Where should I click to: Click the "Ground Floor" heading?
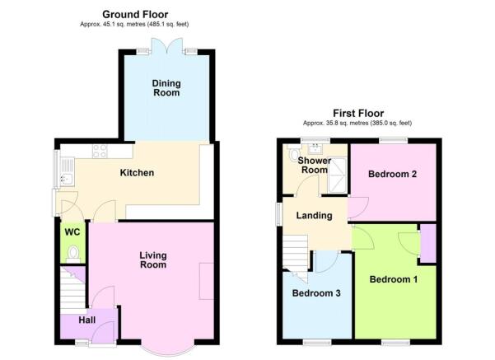pos(135,15)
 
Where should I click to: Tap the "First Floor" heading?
pos(358,113)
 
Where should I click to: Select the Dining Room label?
pos(166,88)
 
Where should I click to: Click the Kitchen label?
pos(137,173)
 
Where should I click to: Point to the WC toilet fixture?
pos(73,254)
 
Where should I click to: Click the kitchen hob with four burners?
pos(100,152)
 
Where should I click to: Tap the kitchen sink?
pos(67,172)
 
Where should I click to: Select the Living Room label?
pos(153,259)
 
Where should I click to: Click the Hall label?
pos(86,320)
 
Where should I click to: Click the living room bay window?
pos(167,348)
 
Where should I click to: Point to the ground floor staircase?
pos(72,290)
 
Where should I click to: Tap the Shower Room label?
pos(315,165)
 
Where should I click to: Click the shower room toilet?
pos(293,153)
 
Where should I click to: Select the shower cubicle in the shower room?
pos(337,175)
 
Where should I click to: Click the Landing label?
pos(314,216)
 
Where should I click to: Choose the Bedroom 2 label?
pos(392,174)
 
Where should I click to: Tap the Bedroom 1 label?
pos(394,279)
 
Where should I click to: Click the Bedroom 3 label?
pos(316,293)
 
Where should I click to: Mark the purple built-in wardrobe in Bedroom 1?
pos(428,243)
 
